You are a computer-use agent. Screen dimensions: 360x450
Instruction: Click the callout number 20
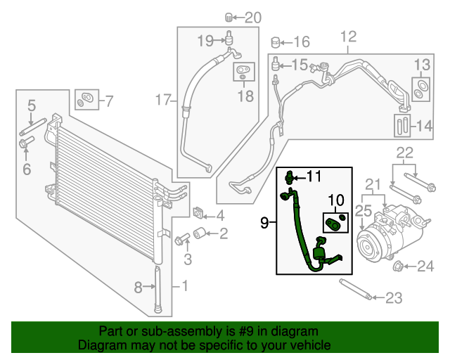(253, 18)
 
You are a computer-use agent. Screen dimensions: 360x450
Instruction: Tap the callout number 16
(300, 41)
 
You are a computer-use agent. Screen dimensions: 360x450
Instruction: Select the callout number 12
(348, 37)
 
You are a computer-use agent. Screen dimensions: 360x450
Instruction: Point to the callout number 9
(264, 223)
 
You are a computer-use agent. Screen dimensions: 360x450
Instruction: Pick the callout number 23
(394, 298)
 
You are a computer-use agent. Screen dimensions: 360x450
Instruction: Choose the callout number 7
(108, 101)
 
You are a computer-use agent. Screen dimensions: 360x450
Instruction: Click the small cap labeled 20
(229, 17)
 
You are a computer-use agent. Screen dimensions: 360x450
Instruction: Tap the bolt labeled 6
(25, 146)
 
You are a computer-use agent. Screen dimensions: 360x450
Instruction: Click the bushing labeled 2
(199, 233)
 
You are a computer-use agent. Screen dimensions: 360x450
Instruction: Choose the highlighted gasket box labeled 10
(335, 221)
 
